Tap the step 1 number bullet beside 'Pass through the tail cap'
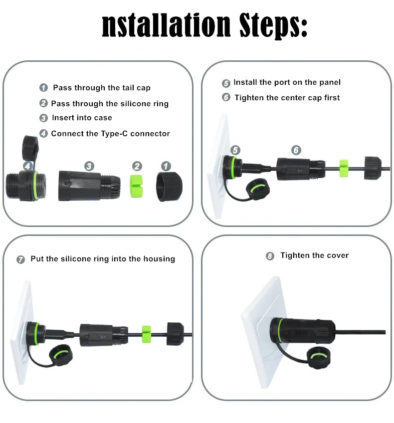43,88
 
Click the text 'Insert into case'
82,118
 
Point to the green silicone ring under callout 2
136,186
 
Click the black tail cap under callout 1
170,187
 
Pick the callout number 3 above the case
89,166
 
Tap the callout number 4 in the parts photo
28,166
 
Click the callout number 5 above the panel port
235,150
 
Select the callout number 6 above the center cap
296,150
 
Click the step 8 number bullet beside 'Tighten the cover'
270,256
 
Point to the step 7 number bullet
20,259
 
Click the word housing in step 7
159,259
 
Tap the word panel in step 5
330,82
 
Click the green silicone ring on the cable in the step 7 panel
147,334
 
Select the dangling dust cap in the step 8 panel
319,358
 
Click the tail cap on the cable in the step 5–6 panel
373,168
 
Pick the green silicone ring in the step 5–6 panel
344,168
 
